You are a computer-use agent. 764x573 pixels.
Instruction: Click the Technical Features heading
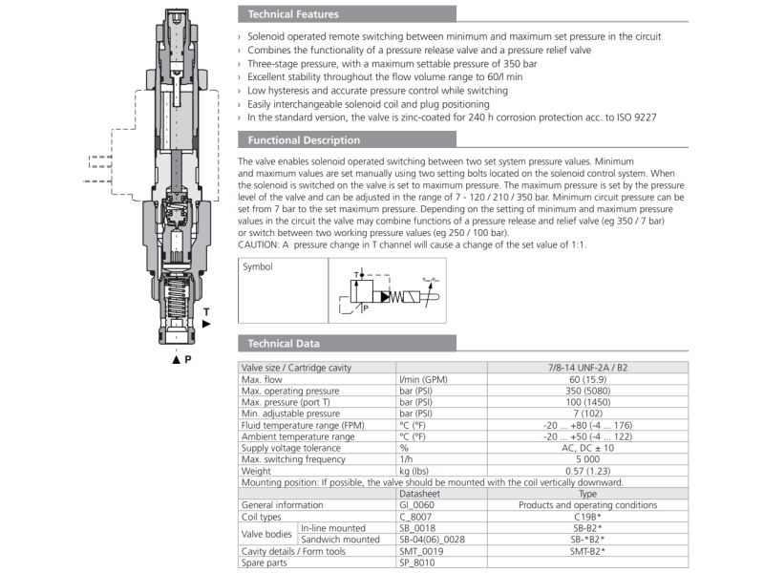pyautogui.click(x=292, y=14)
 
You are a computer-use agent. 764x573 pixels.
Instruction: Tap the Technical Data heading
pyautogui.click(x=284, y=344)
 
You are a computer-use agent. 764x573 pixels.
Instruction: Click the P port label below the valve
pyautogui.click(x=188, y=359)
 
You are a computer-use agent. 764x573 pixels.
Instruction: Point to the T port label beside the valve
pyautogui.click(x=206, y=312)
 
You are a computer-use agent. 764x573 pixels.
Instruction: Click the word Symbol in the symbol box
pyautogui.click(x=257, y=267)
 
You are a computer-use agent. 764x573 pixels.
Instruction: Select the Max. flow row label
pyautogui.click(x=264, y=380)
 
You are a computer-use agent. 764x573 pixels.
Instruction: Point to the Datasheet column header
pyautogui.click(x=419, y=494)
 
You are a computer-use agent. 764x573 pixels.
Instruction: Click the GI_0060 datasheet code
pyautogui.click(x=417, y=505)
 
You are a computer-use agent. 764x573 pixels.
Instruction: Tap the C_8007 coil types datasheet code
pyautogui.click(x=415, y=517)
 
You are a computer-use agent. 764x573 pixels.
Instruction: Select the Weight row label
pyautogui.click(x=256, y=471)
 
